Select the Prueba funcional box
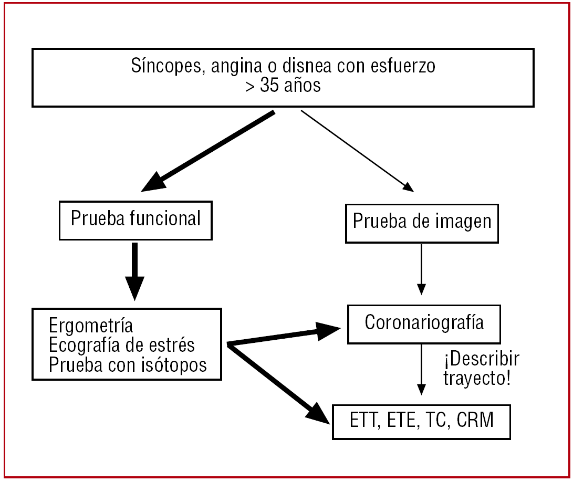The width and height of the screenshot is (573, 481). pos(136,219)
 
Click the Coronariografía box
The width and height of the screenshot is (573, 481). pos(424,322)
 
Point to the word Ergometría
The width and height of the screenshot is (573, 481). pos(91,326)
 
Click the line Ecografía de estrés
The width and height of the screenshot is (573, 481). pos(122,345)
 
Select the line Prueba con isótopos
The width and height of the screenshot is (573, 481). pos(128,365)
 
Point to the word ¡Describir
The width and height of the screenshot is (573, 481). pos(482,360)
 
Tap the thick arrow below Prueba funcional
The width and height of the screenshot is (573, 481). pos(135,270)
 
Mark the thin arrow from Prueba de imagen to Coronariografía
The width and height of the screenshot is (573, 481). pos(421,268)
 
